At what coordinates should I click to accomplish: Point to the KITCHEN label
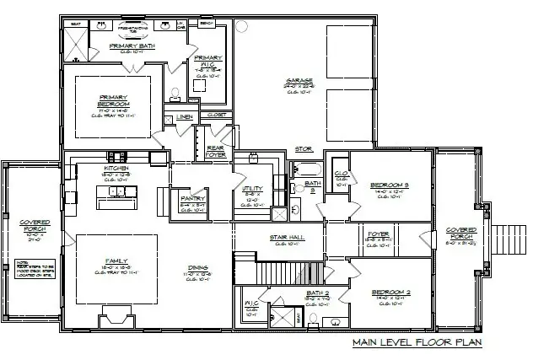(116, 169)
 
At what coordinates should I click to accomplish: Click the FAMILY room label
(116, 261)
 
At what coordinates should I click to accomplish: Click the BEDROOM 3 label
(389, 184)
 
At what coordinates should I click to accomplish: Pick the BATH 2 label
(316, 293)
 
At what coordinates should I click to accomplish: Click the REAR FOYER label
(215, 151)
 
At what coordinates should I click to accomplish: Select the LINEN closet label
(186, 116)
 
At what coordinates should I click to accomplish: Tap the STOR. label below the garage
(304, 149)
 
